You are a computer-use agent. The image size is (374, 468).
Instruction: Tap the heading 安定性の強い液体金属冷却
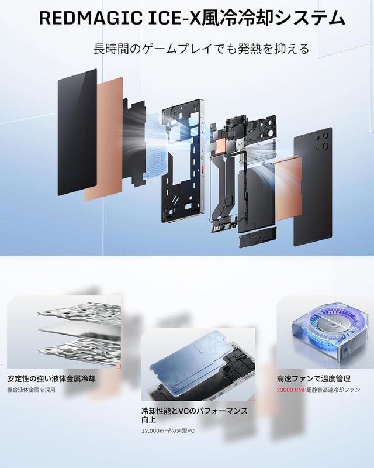[x=51, y=378]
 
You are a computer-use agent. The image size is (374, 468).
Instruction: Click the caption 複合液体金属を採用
[x=32, y=390]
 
